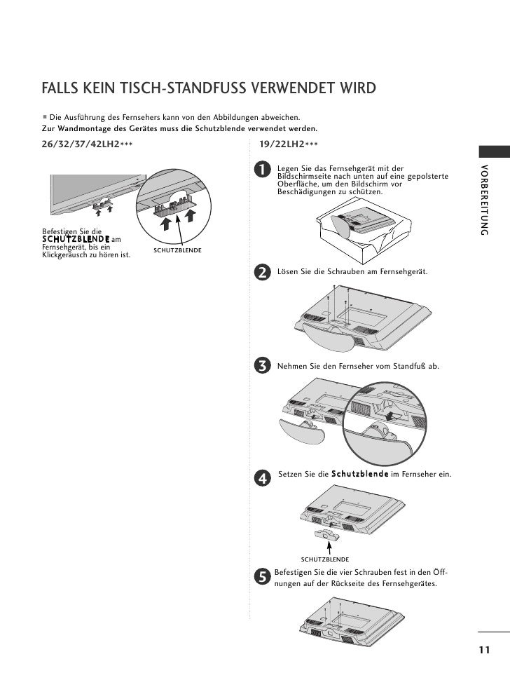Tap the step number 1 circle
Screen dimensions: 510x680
click(262, 170)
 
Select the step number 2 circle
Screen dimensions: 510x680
click(262, 272)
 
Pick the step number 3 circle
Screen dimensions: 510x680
click(262, 366)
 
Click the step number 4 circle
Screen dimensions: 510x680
click(262, 478)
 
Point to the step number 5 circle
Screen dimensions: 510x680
click(262, 576)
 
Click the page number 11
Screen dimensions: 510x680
click(484, 650)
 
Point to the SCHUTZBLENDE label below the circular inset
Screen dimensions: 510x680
click(178, 250)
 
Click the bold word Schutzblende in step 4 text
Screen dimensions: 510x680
click(360, 475)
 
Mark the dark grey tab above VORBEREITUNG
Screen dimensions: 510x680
click(493, 152)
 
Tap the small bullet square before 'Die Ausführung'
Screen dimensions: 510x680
click(44, 117)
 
